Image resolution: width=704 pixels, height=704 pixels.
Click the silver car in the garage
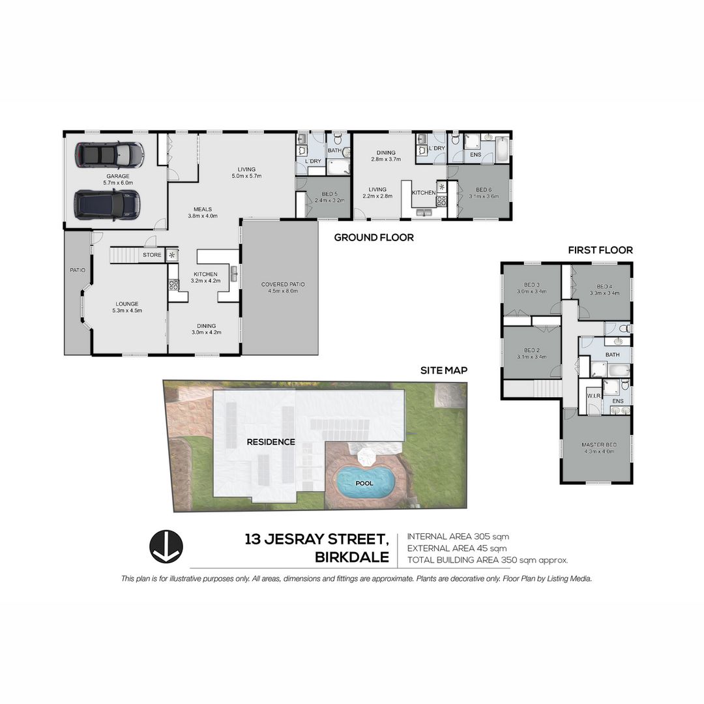pos(109,155)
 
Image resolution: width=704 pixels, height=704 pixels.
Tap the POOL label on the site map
pos(364,484)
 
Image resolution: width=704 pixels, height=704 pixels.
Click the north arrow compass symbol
pos(166,546)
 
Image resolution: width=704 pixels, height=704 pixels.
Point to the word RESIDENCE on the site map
pos(271,442)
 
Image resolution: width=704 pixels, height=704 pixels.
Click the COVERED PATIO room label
pos(283,284)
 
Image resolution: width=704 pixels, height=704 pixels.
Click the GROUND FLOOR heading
pos(374,238)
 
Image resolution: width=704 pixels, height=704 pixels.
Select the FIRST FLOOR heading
pos(600,250)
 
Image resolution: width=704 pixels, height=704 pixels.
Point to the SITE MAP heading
pos(444,370)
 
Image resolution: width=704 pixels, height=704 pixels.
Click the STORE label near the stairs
pos(152,255)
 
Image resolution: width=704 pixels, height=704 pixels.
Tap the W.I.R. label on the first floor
pos(593,396)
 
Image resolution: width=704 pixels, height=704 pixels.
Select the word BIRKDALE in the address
pos(352,557)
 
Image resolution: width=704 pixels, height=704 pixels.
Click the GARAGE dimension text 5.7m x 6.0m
pos(118,183)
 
